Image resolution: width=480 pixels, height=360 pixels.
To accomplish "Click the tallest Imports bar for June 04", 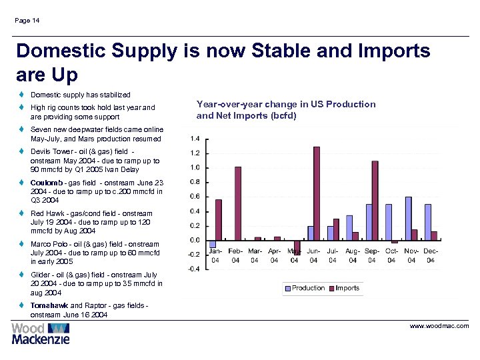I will point(316,193).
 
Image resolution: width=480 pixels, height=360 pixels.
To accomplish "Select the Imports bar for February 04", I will point(238,203).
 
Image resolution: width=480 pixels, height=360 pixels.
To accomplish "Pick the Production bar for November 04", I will point(408,218).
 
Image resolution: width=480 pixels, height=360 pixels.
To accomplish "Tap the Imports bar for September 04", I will point(375,200).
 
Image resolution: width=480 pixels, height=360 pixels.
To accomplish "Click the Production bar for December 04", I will point(428,222).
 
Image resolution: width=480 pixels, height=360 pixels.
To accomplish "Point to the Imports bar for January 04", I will point(219,219).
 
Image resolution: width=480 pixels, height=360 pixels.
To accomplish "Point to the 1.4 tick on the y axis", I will point(194,139).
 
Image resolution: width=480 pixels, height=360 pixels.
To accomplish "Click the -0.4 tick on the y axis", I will point(193,269).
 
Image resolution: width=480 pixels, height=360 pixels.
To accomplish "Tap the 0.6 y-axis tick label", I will point(194,196).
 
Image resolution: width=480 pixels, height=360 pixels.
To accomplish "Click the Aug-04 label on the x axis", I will point(353,255).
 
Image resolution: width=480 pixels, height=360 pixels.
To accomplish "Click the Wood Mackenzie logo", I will point(41,333).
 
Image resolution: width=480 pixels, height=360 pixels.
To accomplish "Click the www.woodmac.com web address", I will point(439,326).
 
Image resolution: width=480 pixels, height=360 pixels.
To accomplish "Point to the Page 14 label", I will point(27,21).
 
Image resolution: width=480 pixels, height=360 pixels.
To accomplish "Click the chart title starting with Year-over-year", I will point(286,109).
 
